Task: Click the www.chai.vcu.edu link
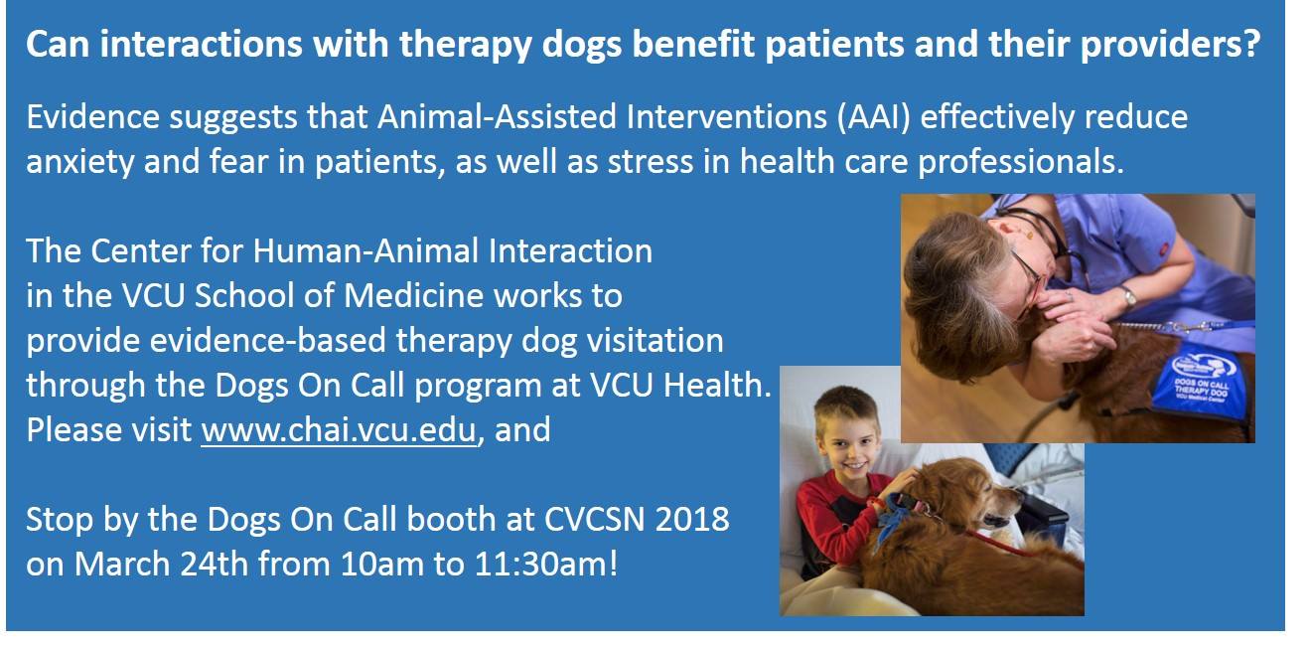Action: click(339, 430)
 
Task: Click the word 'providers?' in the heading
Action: click(1170, 46)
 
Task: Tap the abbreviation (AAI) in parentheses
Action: click(874, 117)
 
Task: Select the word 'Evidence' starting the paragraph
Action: click(93, 116)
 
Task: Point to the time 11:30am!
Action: click(545, 565)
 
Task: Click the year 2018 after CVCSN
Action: click(692, 519)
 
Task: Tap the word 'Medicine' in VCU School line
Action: click(413, 295)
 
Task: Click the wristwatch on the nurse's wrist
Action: click(1127, 296)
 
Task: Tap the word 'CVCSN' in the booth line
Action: click(594, 519)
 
